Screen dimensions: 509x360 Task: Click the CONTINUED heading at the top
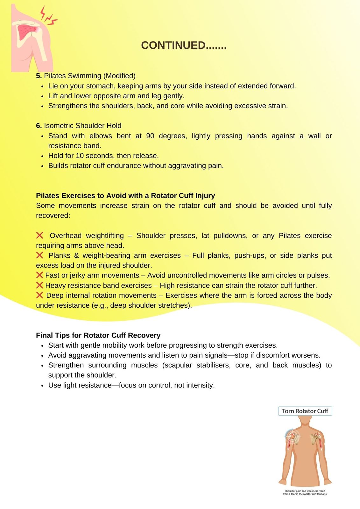[x=184, y=45]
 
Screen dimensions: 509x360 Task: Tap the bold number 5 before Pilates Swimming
[x=39, y=76]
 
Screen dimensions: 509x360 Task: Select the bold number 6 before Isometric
[x=39, y=126]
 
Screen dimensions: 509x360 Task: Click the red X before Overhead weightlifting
[x=39, y=235]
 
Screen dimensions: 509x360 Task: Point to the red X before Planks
[x=39, y=255]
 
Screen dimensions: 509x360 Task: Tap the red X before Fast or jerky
[x=39, y=275]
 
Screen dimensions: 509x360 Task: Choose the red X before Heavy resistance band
[x=39, y=285]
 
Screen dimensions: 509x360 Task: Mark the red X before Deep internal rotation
[x=39, y=295]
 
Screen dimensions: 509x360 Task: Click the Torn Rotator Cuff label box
[x=305, y=411]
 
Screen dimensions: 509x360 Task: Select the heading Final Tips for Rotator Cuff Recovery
[x=98, y=335]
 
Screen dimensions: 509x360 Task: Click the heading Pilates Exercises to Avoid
[x=125, y=196]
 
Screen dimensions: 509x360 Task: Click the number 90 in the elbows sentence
[x=150, y=136]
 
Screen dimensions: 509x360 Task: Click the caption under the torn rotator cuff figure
[x=305, y=492]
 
